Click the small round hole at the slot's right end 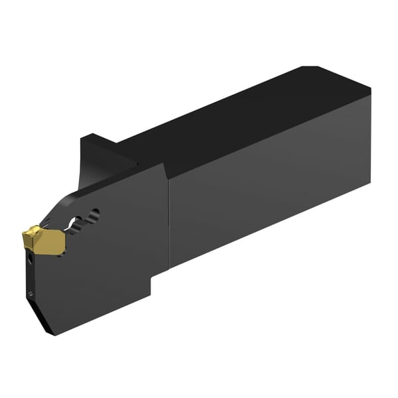[96, 214]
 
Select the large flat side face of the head [106, 265]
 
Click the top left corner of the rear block [82, 138]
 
